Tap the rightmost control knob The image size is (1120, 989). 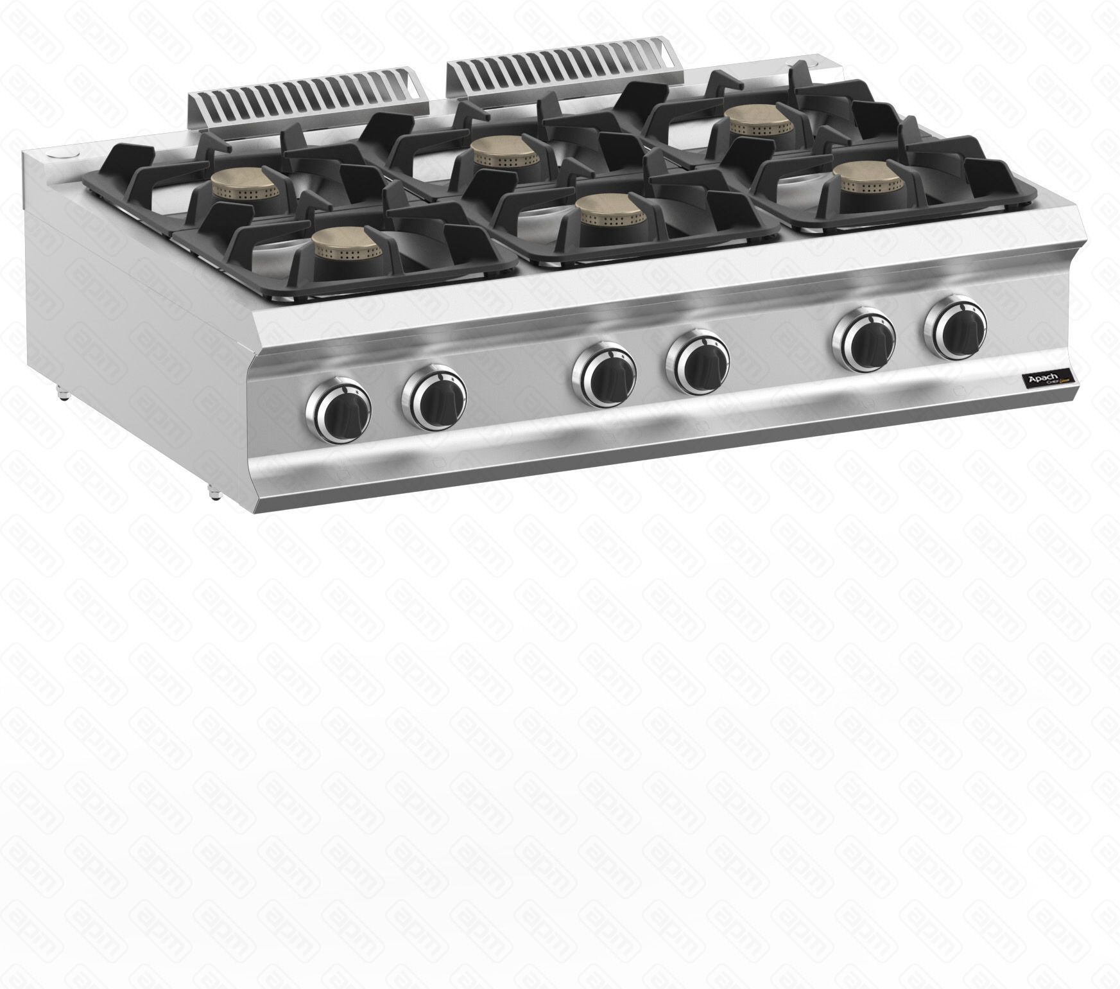pyautogui.click(x=955, y=329)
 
